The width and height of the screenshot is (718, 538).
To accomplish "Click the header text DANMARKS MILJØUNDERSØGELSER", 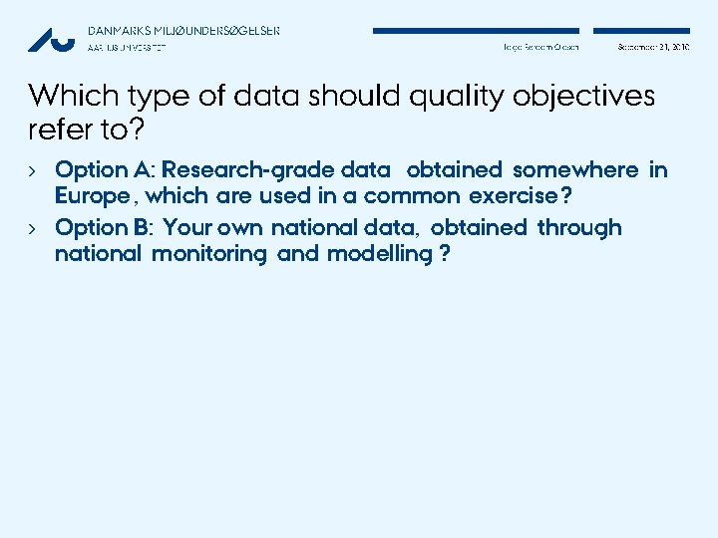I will click(x=183, y=30).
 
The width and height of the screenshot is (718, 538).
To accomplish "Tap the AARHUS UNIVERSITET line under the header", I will click(x=127, y=47).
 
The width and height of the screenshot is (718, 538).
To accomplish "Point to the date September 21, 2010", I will click(x=653, y=47).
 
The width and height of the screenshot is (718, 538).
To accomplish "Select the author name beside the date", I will click(x=540, y=47).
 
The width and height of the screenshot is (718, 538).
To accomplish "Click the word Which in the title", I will click(x=68, y=96).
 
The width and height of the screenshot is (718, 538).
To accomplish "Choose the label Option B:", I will click(x=105, y=228).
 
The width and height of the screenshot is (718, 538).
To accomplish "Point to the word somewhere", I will click(x=574, y=170).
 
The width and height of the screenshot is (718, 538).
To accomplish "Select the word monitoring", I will click(x=209, y=254).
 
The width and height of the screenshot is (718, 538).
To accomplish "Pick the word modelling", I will click(x=379, y=254).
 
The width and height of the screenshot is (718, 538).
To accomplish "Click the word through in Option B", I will click(x=579, y=228).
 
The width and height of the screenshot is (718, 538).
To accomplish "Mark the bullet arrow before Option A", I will click(x=33, y=170).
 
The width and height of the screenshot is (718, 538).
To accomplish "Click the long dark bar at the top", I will click(x=476, y=31).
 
